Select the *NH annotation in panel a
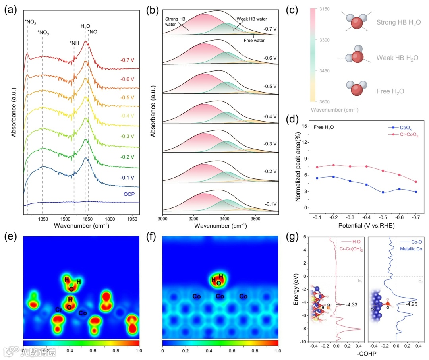pyautogui.click(x=74, y=43)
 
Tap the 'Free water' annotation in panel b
pyautogui.click(x=255, y=40)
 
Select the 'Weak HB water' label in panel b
pyautogui.click(x=252, y=19)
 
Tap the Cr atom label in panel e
pyautogui.click(x=58, y=310)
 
